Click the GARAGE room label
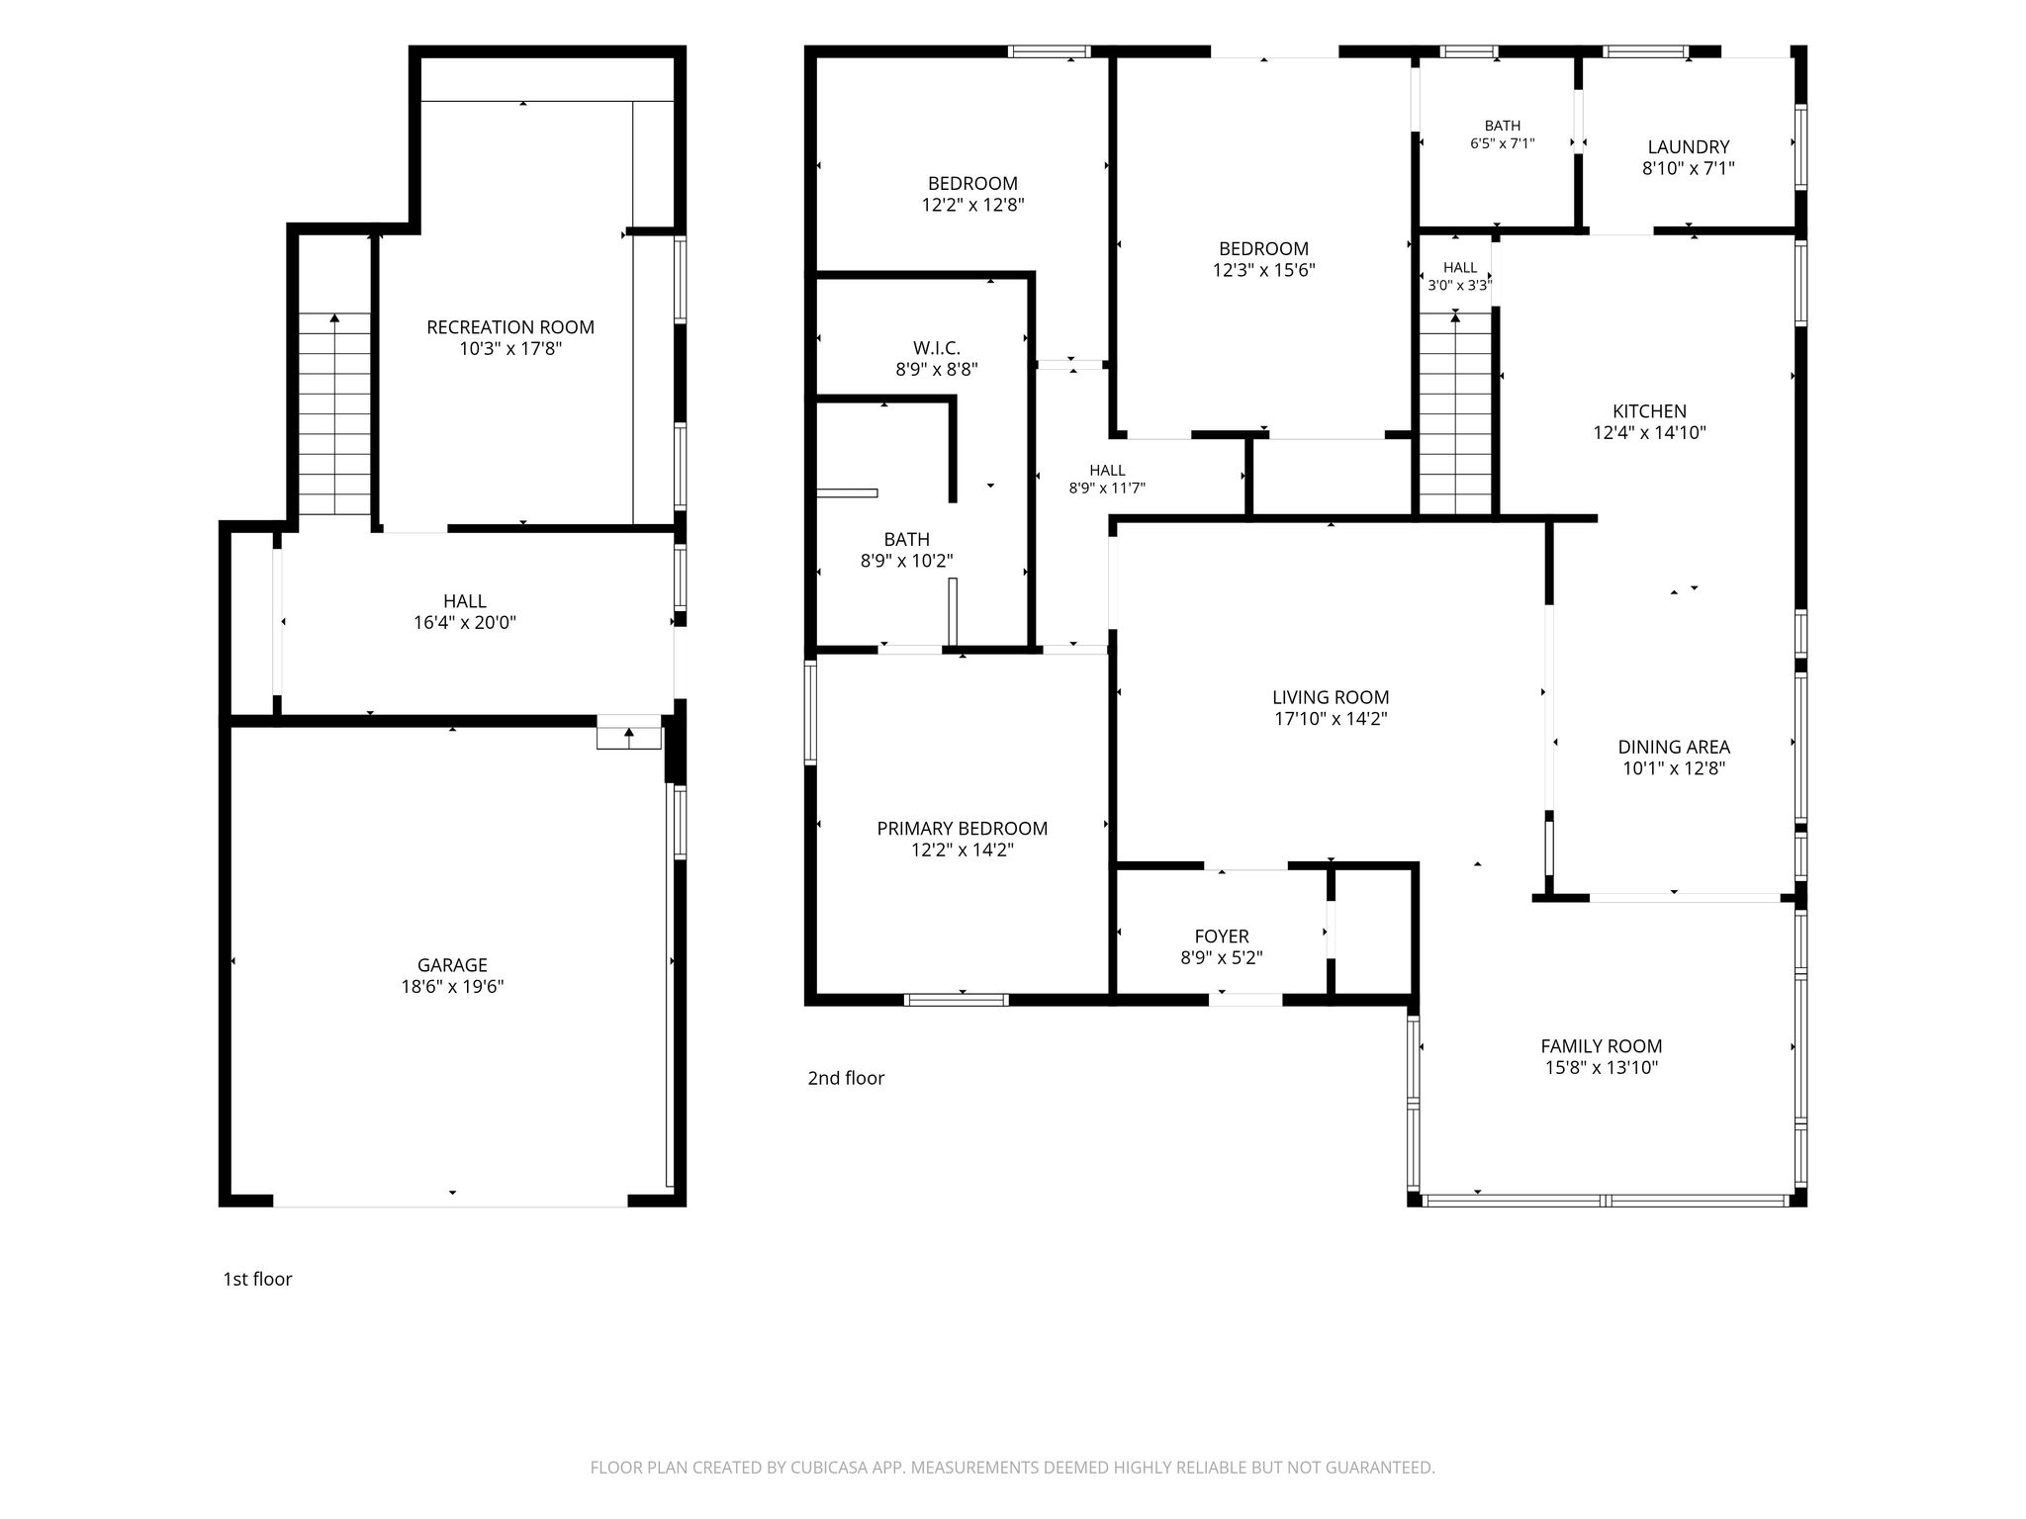coord(452,965)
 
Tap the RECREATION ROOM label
coord(510,327)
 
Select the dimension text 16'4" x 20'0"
coord(465,623)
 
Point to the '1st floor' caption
coord(257,1279)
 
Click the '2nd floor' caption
coord(846,1078)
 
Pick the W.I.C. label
coord(937,348)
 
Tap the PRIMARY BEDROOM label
coord(963,829)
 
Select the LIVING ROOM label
coord(1331,697)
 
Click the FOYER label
coord(1222,937)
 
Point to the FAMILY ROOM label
coord(1602,1046)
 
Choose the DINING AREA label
coord(1674,748)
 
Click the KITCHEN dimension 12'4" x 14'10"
coord(1650,433)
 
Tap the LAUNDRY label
coord(1689,147)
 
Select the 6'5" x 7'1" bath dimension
coord(1503,143)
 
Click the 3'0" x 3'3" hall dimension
coord(1460,286)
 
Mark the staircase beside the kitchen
coord(1455,413)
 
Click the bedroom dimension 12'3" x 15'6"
coord(1264,270)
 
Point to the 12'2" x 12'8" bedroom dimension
coord(972,205)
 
